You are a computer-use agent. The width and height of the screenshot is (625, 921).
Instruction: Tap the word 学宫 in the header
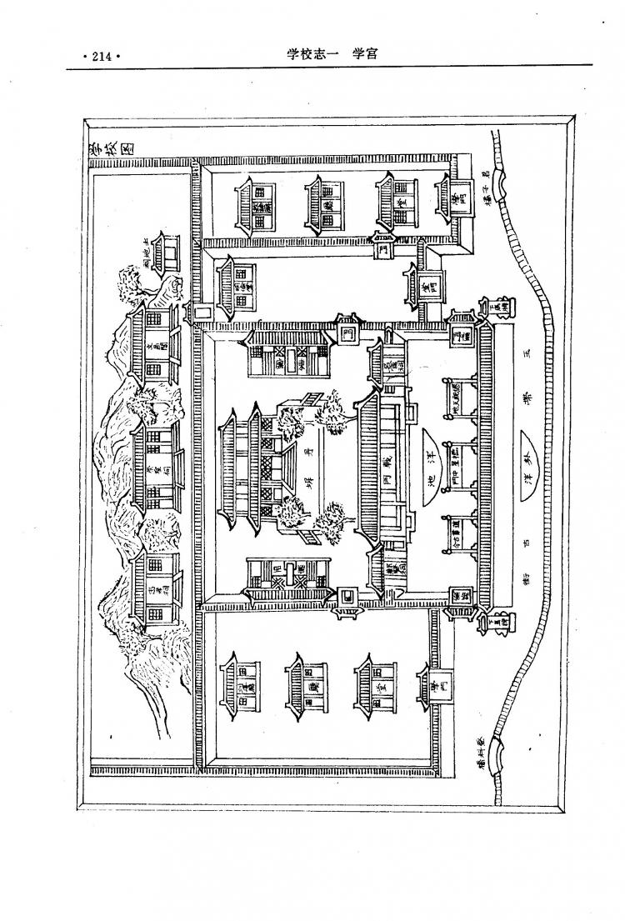coord(363,54)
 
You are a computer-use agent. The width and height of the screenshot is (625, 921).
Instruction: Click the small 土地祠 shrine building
coord(164,253)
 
